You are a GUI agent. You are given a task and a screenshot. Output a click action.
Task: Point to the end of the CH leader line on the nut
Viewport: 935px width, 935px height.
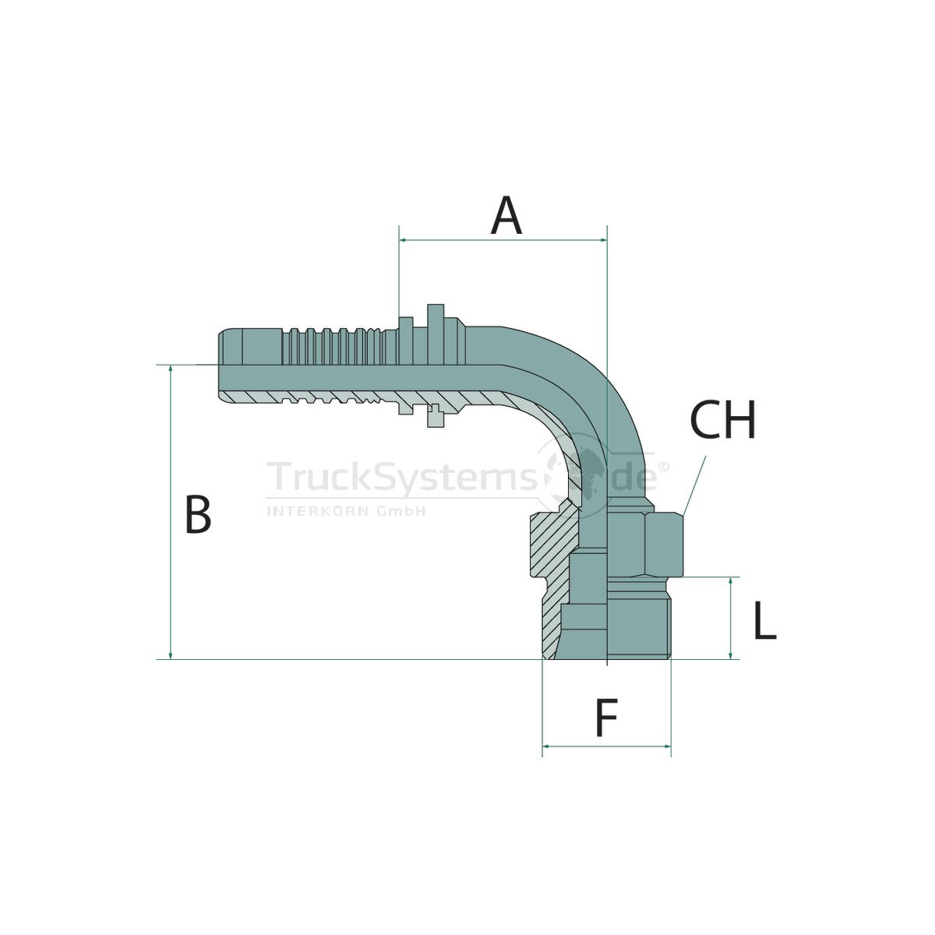[683, 515]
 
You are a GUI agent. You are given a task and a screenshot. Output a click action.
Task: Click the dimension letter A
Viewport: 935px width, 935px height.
[506, 215]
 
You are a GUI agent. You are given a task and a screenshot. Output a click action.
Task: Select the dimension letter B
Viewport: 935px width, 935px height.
[198, 514]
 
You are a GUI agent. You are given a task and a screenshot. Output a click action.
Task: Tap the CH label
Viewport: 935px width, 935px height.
[722, 419]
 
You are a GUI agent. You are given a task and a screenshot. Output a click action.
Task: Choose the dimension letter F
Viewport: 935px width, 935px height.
[606, 717]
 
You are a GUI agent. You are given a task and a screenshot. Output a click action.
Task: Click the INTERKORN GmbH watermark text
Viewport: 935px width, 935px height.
[347, 510]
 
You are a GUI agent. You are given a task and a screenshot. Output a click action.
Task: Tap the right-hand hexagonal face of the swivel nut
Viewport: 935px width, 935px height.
[663, 545]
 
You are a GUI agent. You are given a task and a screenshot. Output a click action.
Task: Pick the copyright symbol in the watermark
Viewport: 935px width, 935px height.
[664, 466]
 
